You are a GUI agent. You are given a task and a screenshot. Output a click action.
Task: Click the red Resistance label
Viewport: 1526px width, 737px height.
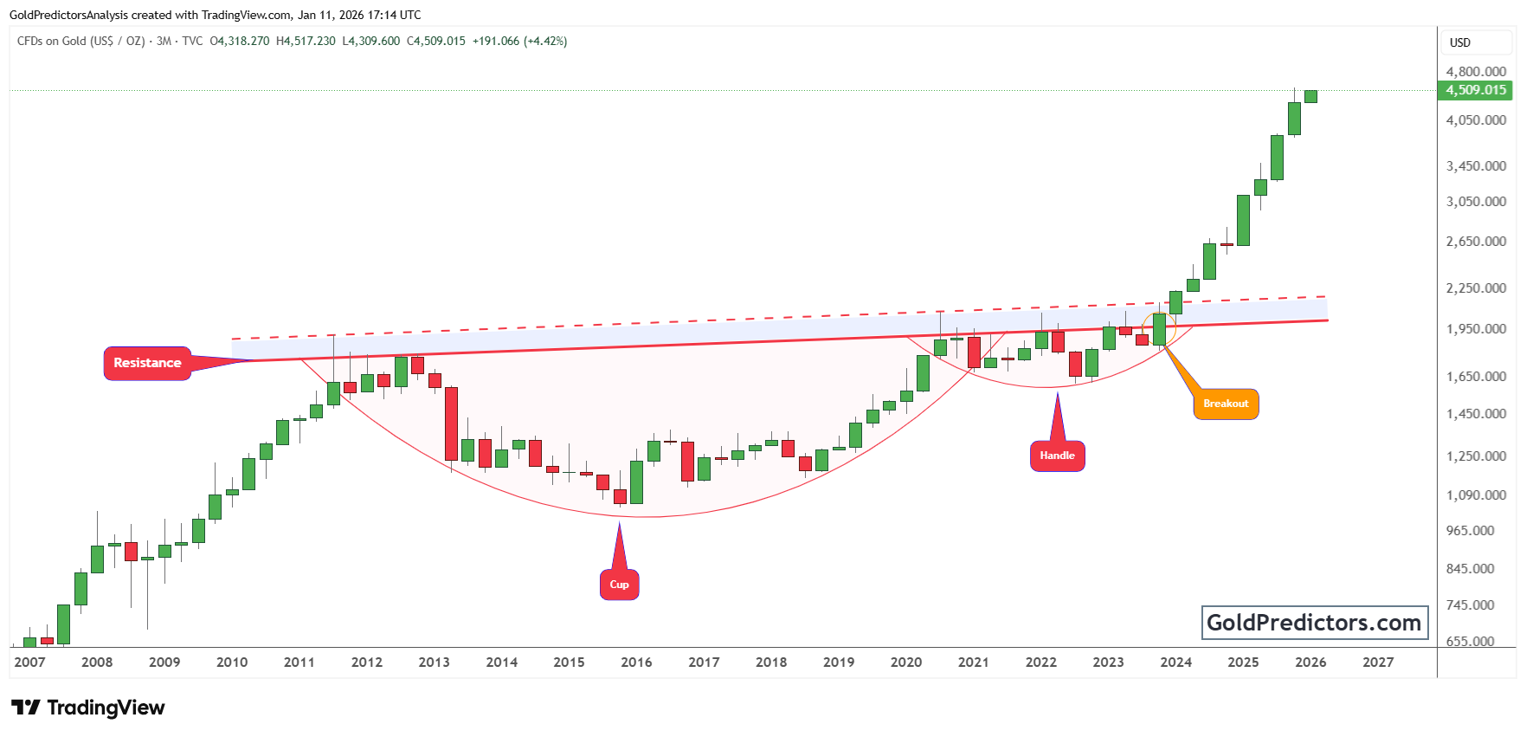[147, 363]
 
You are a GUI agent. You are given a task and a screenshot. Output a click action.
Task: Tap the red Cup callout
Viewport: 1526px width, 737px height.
[619, 585]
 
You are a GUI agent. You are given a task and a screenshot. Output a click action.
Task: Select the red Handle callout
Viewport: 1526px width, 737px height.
[1057, 456]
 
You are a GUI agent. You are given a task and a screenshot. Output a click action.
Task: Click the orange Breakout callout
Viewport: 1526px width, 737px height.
[1226, 404]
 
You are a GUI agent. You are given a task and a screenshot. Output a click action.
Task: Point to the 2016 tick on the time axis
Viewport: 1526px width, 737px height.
[636, 663]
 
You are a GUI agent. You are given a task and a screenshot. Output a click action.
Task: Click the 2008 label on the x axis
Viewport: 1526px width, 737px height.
[97, 663]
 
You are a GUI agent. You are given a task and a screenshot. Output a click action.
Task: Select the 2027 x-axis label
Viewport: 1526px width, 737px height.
[1378, 663]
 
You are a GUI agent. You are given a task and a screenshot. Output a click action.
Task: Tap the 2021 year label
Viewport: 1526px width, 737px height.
[973, 663]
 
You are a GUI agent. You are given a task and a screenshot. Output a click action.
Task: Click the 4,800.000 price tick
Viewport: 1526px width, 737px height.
[1476, 72]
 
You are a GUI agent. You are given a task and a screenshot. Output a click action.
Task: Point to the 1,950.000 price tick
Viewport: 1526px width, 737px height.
[1476, 329]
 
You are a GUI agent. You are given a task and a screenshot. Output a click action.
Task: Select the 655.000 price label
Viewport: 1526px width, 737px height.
[1470, 642]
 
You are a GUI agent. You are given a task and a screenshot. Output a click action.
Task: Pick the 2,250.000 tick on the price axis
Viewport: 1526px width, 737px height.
[1476, 288]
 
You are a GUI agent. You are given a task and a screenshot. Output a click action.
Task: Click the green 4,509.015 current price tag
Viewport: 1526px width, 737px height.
[1476, 90]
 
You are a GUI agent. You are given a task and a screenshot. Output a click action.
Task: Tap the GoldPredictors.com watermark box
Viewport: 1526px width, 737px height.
[1314, 623]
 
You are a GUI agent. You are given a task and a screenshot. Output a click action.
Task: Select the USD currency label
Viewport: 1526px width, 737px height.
[1460, 42]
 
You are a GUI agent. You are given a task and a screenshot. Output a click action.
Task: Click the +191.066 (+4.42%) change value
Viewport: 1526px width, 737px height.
[519, 41]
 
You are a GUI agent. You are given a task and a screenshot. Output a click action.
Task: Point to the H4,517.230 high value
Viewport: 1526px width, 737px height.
[306, 41]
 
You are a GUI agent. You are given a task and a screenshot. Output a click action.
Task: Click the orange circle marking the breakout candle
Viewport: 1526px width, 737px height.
[1159, 328]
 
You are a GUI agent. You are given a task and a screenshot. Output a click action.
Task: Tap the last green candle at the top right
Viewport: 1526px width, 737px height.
[1310, 96]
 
